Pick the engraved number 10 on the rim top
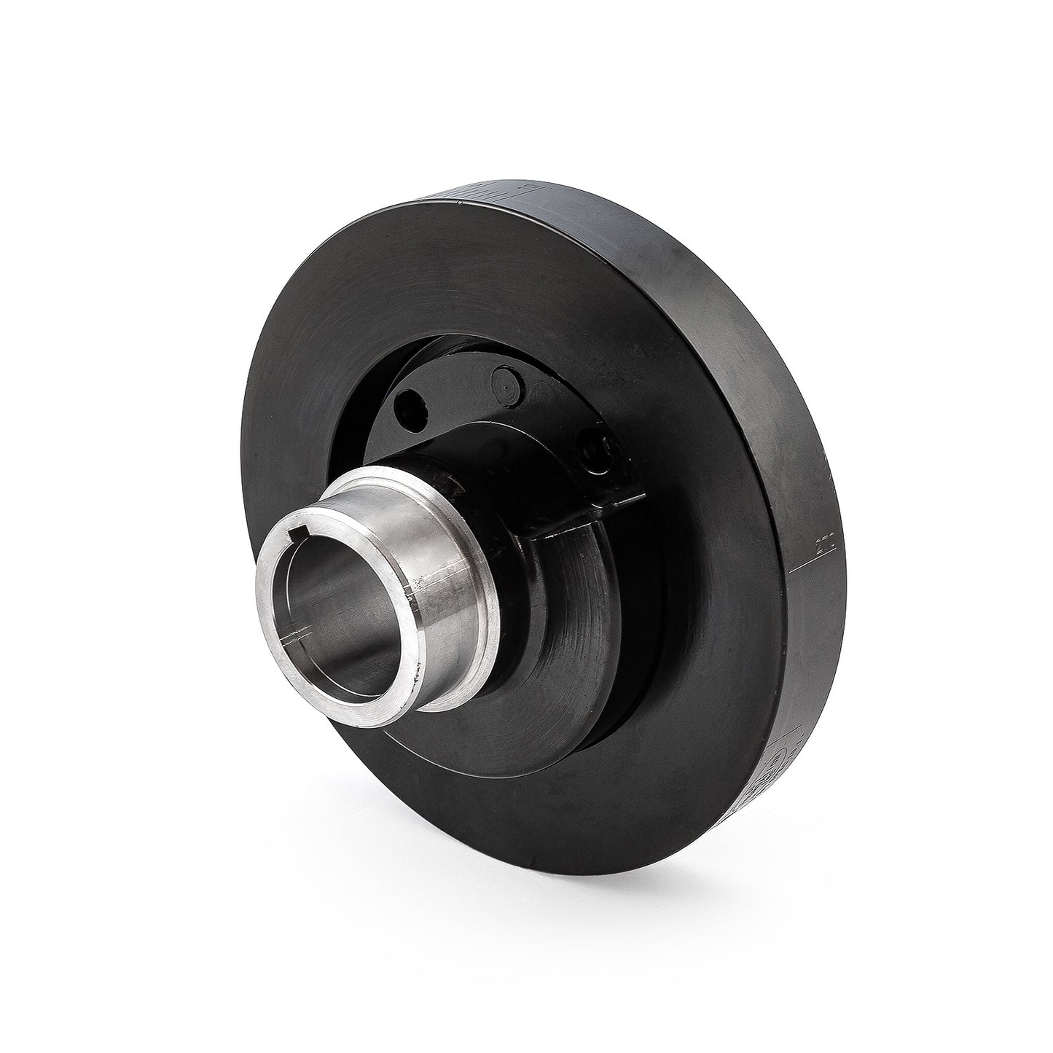click(x=531, y=188)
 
